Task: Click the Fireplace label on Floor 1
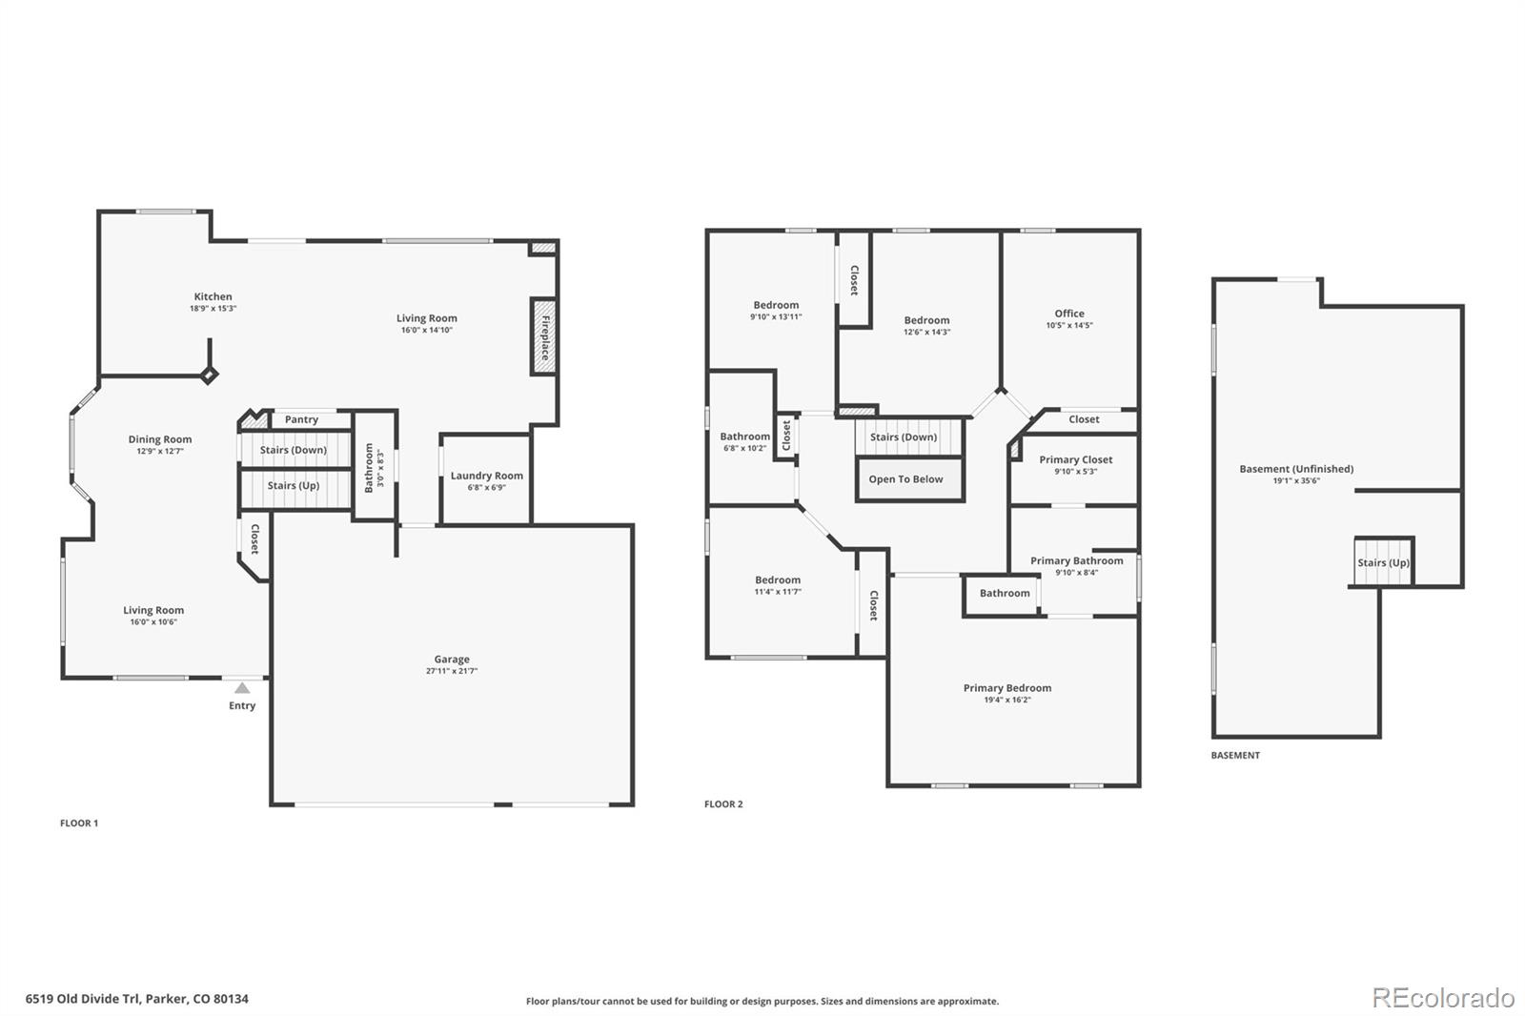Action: coord(545,337)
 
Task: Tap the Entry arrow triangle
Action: coord(242,688)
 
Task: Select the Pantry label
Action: coord(301,419)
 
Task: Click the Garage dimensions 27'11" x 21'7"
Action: coord(452,671)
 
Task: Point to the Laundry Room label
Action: coord(487,476)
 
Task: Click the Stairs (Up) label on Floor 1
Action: coord(294,485)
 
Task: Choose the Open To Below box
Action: coord(909,479)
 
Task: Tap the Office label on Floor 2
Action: coord(1069,314)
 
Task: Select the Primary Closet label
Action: coord(1076,459)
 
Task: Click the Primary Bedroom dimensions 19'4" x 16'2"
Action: coord(1007,700)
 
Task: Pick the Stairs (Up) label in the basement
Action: coord(1383,562)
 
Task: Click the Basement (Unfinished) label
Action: coord(1296,469)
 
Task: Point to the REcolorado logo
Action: coord(1443,998)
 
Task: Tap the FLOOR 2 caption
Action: coord(723,804)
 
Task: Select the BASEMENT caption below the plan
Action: coord(1235,755)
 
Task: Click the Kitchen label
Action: coord(213,296)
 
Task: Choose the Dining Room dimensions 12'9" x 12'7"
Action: coord(160,451)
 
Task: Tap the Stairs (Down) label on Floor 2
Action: coord(904,437)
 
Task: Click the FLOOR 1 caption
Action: coord(79,823)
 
